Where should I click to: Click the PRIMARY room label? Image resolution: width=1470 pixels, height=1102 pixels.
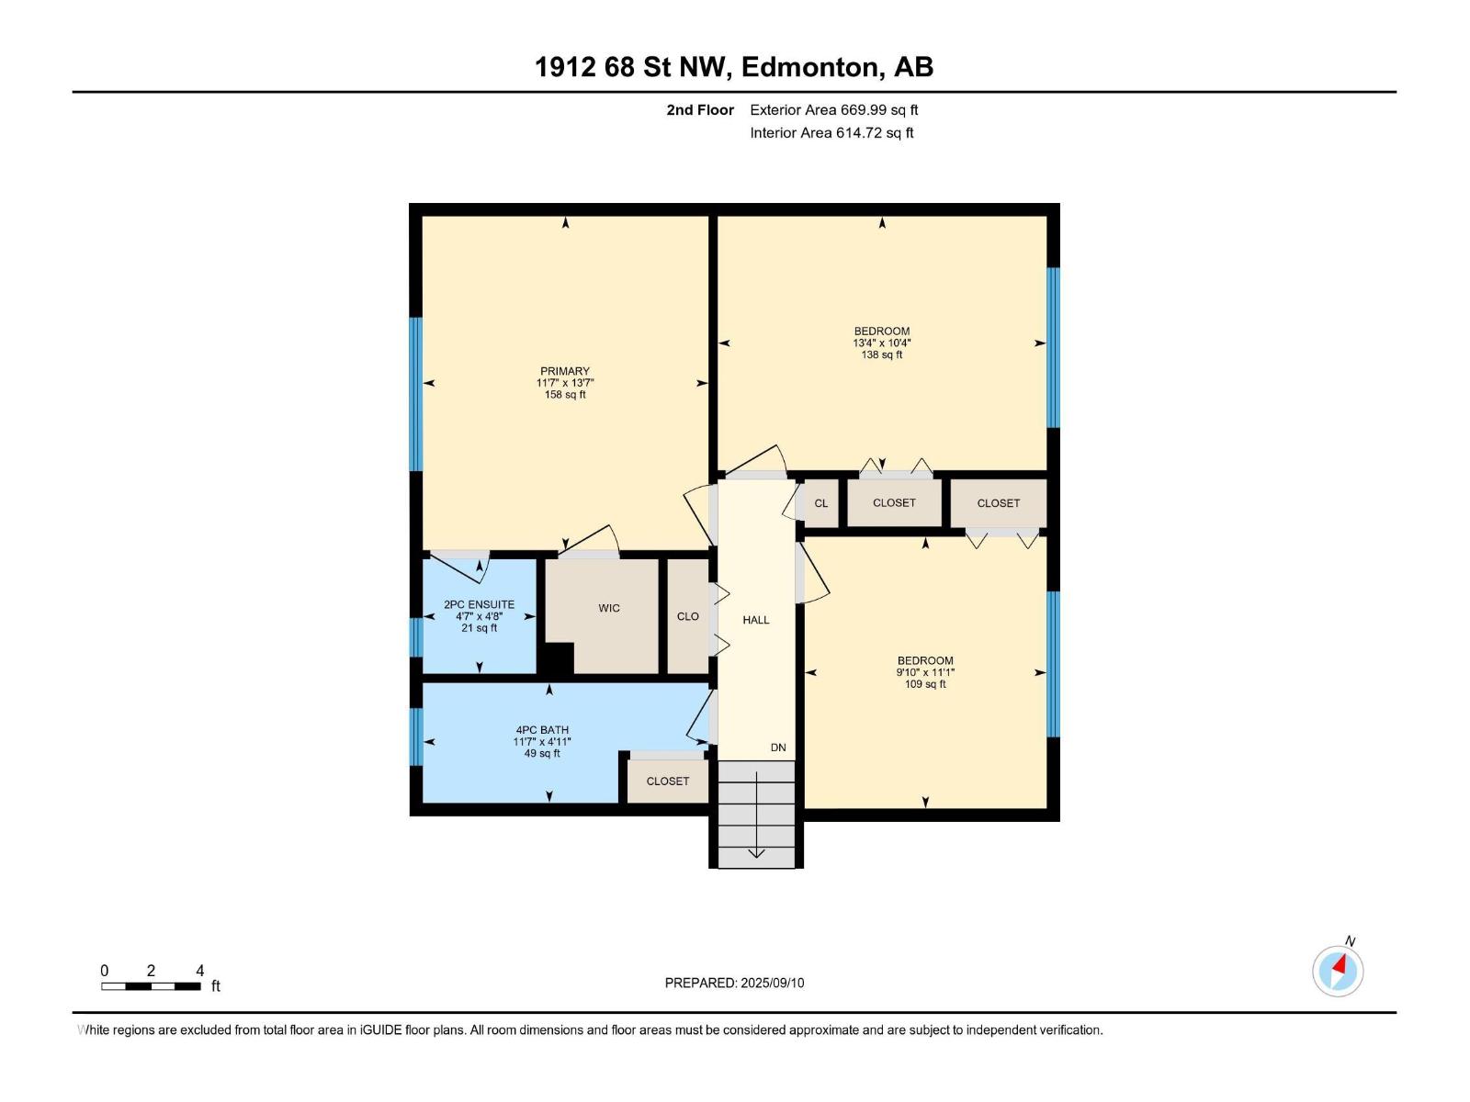[564, 371]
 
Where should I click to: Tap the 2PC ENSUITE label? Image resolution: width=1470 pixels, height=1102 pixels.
[479, 604]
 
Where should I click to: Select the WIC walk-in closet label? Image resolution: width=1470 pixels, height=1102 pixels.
[609, 608]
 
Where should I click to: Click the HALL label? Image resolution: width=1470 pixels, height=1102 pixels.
[755, 620]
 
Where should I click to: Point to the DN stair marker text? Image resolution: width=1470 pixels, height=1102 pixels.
[777, 748]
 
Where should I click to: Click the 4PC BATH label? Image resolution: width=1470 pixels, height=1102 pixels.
[542, 730]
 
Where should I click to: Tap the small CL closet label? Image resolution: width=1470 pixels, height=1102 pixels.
[821, 503]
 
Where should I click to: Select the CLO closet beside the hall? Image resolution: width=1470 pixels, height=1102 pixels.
[688, 616]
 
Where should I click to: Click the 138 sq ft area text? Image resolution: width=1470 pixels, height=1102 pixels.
[881, 354]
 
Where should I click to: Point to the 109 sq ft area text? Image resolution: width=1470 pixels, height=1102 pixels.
[925, 684]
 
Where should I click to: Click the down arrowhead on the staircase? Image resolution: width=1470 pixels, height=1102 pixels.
[756, 853]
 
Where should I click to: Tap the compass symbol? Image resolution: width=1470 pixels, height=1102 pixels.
[1338, 971]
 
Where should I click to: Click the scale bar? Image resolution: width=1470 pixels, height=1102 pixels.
[151, 986]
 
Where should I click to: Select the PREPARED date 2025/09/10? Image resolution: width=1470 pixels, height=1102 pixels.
[772, 983]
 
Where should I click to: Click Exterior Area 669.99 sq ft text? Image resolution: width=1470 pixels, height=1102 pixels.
[834, 109]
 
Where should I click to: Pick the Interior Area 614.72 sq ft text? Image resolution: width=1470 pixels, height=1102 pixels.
[831, 132]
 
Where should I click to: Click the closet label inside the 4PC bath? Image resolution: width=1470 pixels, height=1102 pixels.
[667, 781]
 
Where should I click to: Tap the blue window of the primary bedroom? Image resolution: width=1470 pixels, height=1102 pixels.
[416, 394]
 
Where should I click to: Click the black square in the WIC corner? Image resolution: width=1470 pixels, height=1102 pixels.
[557, 658]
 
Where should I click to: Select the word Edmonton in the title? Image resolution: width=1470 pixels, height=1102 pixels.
[809, 67]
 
